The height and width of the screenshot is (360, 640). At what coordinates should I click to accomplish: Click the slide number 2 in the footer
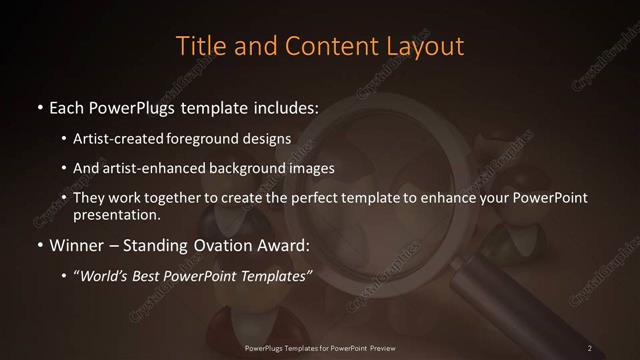[x=590, y=347]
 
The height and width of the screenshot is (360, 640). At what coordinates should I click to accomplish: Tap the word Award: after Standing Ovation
[x=284, y=243]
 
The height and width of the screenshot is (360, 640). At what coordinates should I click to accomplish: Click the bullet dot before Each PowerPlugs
[x=39, y=106]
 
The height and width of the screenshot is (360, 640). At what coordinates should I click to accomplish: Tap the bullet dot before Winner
[x=39, y=243]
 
